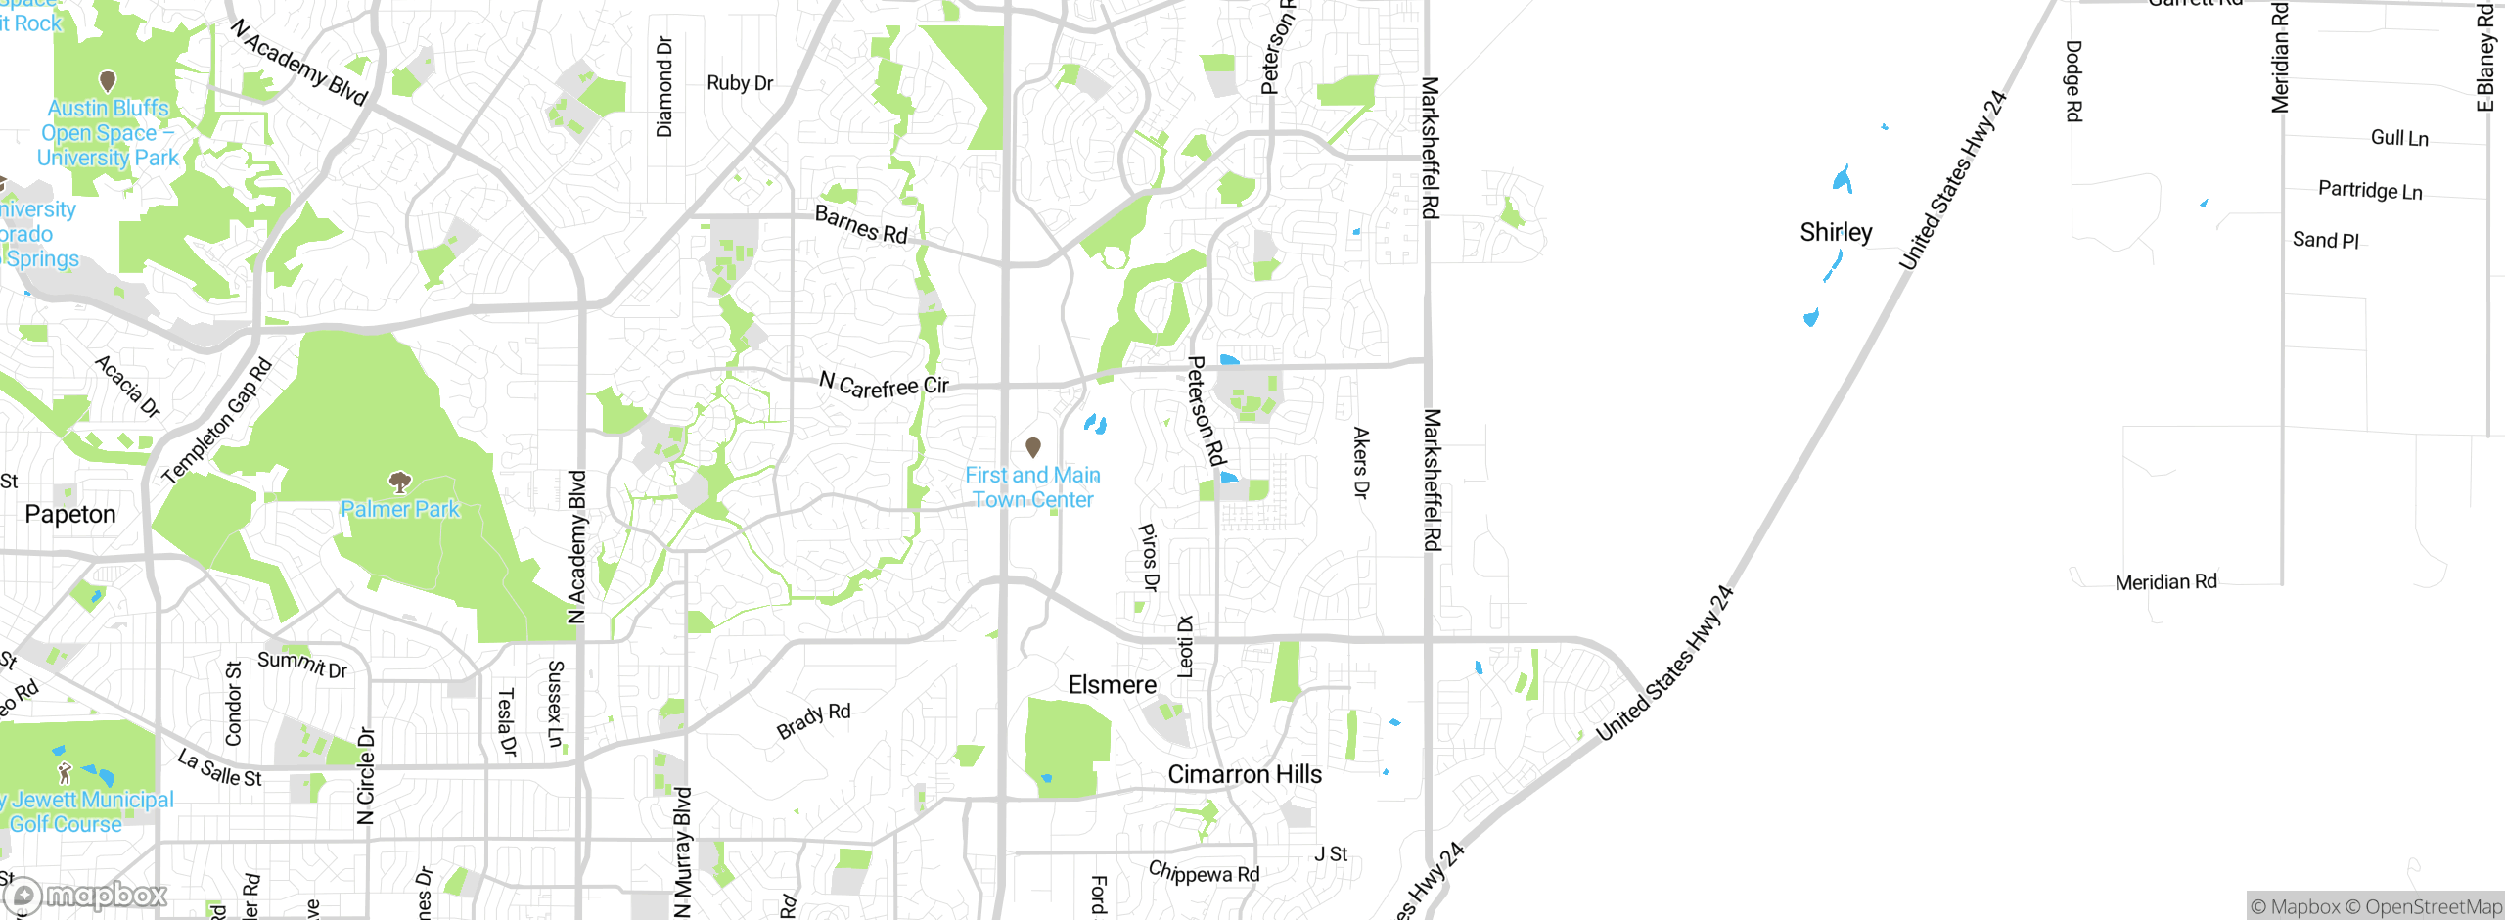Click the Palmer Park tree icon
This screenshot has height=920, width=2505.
pyautogui.click(x=399, y=482)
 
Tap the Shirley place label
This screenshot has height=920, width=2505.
pyautogui.click(x=1836, y=232)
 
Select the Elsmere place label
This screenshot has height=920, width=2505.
pyautogui.click(x=1112, y=685)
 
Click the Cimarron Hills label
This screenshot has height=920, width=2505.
pyautogui.click(x=1245, y=774)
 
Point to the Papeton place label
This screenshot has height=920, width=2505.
pyautogui.click(x=70, y=514)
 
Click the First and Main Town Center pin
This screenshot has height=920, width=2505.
pyautogui.click(x=1032, y=447)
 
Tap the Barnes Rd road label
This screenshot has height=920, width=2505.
pyautogui.click(x=861, y=225)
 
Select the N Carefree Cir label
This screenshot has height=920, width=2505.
pyautogui.click(x=884, y=386)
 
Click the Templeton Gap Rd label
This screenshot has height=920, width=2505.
pyautogui.click(x=217, y=421)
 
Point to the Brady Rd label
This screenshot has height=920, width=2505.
pyautogui.click(x=813, y=720)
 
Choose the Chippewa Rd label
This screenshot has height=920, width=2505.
pyautogui.click(x=1204, y=872)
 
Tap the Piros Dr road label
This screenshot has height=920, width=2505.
pyautogui.click(x=1148, y=557)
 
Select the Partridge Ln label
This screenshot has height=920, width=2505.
pyautogui.click(x=2370, y=190)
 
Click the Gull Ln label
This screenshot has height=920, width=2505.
pyautogui.click(x=2399, y=138)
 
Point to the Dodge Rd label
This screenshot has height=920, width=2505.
pyautogui.click(x=2073, y=80)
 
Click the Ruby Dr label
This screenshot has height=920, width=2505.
pyautogui.click(x=740, y=83)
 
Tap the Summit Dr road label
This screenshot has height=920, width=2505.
pyautogui.click(x=302, y=665)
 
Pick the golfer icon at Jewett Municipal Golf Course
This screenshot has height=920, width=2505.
pyautogui.click(x=65, y=773)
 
